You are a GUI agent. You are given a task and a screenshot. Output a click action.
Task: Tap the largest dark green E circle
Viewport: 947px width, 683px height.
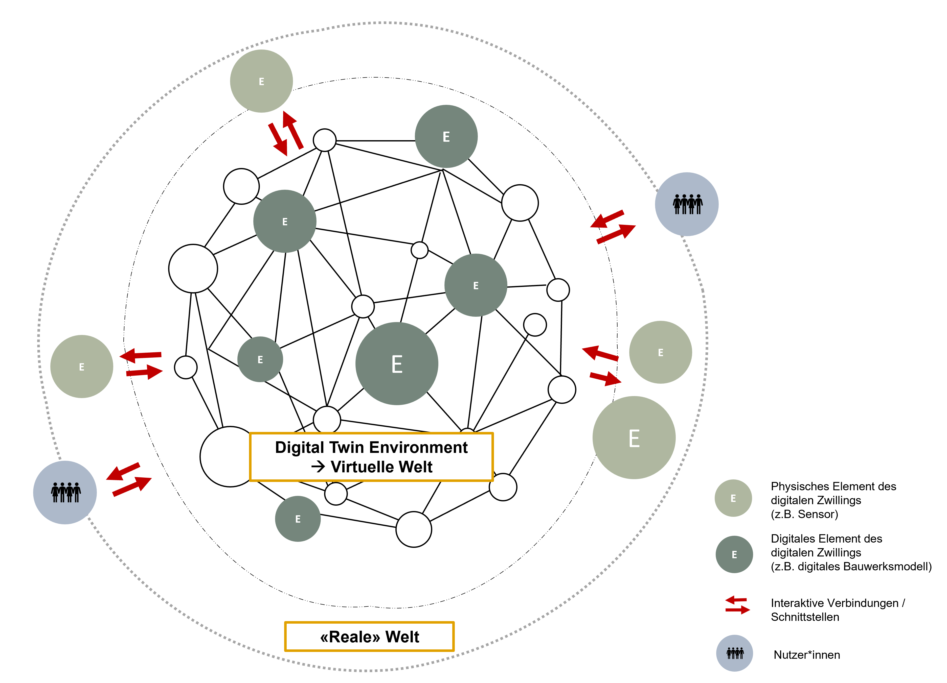point(397,364)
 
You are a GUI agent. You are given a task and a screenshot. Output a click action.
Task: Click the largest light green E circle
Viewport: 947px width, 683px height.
point(634,438)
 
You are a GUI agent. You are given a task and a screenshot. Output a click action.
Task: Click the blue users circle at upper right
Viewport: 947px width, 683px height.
point(687,204)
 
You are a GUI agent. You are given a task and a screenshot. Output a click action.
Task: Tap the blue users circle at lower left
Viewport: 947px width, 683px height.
point(65,493)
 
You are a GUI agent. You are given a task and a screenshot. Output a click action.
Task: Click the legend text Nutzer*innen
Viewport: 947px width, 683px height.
point(807,655)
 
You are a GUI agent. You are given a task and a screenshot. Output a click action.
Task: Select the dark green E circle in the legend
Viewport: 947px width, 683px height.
point(734,554)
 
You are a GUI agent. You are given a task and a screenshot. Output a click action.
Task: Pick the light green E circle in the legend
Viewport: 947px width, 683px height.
point(733,498)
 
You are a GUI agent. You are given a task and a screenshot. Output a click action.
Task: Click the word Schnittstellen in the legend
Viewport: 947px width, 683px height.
point(805,617)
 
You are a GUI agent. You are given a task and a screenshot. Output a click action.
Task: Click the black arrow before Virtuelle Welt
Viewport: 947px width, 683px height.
point(318,467)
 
